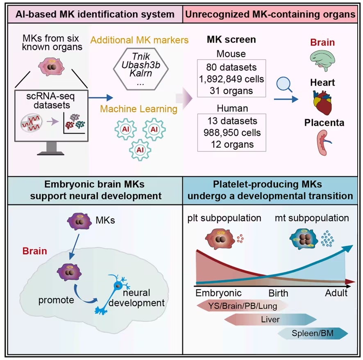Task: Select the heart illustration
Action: tap(322, 102)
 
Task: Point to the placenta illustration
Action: tap(324, 143)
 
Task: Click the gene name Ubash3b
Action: tap(141, 65)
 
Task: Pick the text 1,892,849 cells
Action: tap(231, 79)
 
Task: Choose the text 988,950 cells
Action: tap(232, 133)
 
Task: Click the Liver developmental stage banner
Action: tap(270, 319)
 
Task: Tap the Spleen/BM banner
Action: tap(313, 333)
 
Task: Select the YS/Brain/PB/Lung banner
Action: tap(243, 306)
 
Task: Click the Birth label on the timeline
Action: tap(278, 293)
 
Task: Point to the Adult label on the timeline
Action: tap(336, 293)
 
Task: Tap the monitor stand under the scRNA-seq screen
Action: tap(51, 148)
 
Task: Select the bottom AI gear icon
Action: tap(140, 150)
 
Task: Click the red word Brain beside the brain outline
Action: tap(35, 251)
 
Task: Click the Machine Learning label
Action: tap(138, 109)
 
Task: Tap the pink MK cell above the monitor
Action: tap(51, 67)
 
